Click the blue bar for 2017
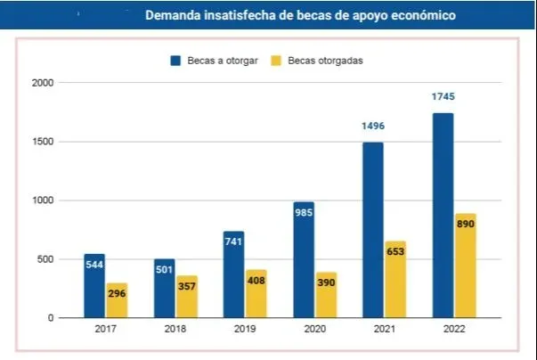pos(94,285)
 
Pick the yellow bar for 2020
pos(326,295)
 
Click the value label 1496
pos(372,127)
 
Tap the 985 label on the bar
pos(303,212)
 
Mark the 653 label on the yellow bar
pos(395,252)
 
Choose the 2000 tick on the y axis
pos(44,83)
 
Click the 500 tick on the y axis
pos(45,259)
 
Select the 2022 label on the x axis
pos(452,331)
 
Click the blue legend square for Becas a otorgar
pos(176,61)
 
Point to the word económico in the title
pos(415,15)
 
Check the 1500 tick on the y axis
pos(44,142)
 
